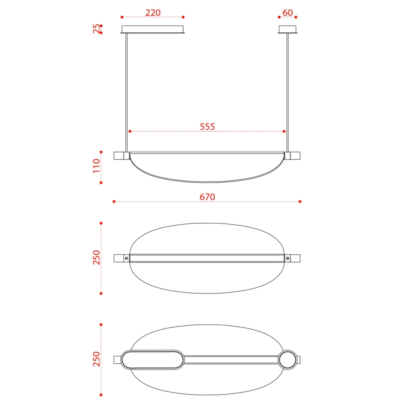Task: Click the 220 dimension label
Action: coord(153,13)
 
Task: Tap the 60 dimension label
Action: coord(288,13)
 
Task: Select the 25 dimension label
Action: coord(96,29)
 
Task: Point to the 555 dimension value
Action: coord(207,126)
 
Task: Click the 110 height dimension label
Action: coord(96,166)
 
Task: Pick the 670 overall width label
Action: coord(207,197)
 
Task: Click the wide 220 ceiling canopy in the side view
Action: coord(153,30)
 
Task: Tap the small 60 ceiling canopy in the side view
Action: coord(288,30)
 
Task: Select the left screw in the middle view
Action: coord(126,258)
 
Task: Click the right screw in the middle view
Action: coord(288,258)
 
